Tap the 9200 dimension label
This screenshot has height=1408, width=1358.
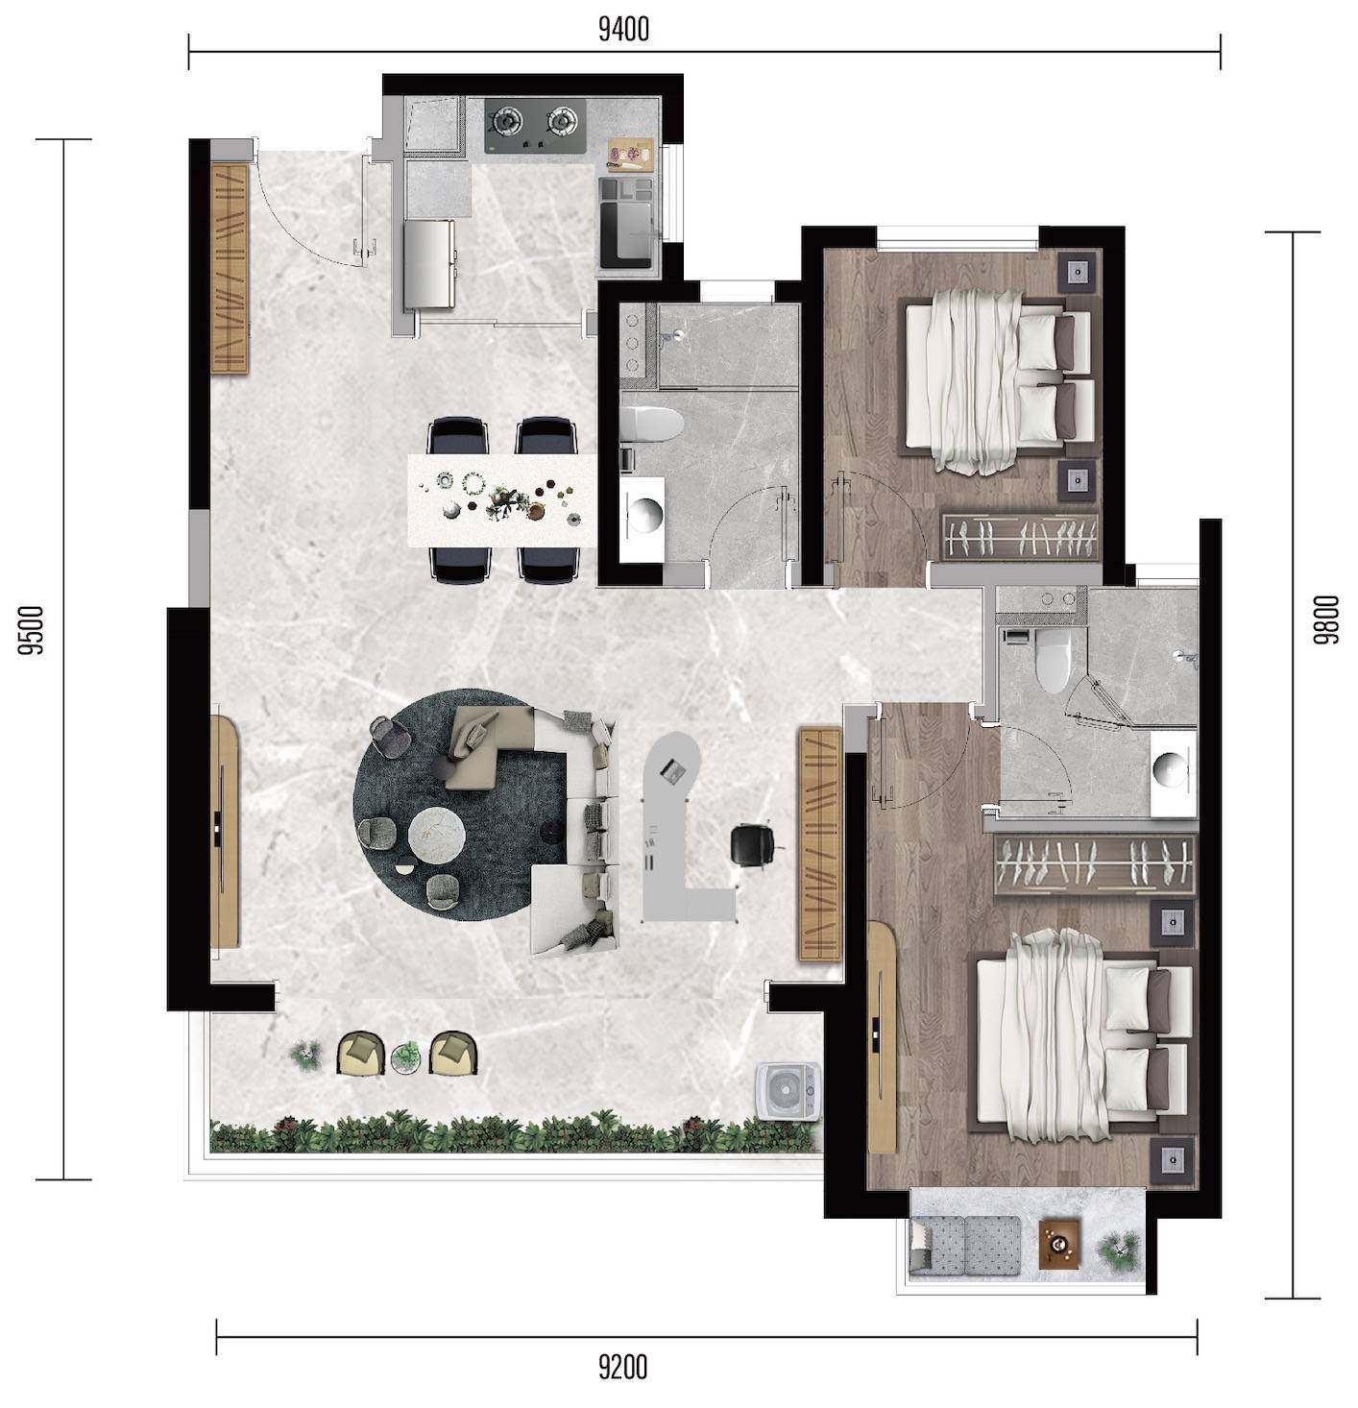coord(623,1366)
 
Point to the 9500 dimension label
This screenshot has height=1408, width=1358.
coord(33,629)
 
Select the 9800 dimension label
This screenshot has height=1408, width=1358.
coord(1327,619)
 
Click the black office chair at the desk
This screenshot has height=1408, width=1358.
coord(752,844)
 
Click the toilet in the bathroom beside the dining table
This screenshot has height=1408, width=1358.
coord(650,423)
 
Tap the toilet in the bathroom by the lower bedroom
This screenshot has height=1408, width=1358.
coord(1052,660)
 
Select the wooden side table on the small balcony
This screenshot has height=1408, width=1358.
coord(1059,1244)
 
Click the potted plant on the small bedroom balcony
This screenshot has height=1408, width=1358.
coord(1118,1246)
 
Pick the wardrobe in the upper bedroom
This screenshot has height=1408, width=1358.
coord(1019,536)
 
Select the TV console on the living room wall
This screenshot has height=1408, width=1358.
coord(225,831)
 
